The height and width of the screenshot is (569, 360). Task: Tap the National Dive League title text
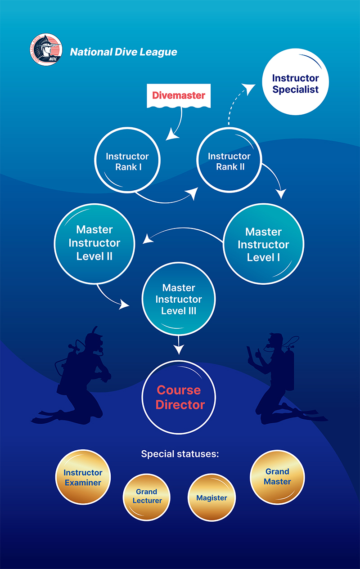pos(123,52)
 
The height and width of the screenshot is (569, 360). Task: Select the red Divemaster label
pos(178,95)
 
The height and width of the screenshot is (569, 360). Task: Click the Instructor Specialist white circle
pos(295,84)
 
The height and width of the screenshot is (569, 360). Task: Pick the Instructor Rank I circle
pos(127,161)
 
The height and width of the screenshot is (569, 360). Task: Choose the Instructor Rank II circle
pos(229,161)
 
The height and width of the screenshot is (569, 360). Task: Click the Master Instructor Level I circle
pos(263,245)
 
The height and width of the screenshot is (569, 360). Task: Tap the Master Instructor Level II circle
pos(94,243)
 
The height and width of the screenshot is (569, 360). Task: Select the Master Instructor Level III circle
pos(179,299)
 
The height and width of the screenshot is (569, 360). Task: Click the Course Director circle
pos(179,398)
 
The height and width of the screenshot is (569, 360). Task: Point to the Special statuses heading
pos(180,454)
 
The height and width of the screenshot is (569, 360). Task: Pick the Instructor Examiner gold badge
pos(83,477)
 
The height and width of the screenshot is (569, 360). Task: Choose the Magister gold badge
pos(211,497)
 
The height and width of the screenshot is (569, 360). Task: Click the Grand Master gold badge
pos(277,476)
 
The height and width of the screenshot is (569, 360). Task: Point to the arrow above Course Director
pos(179,346)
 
